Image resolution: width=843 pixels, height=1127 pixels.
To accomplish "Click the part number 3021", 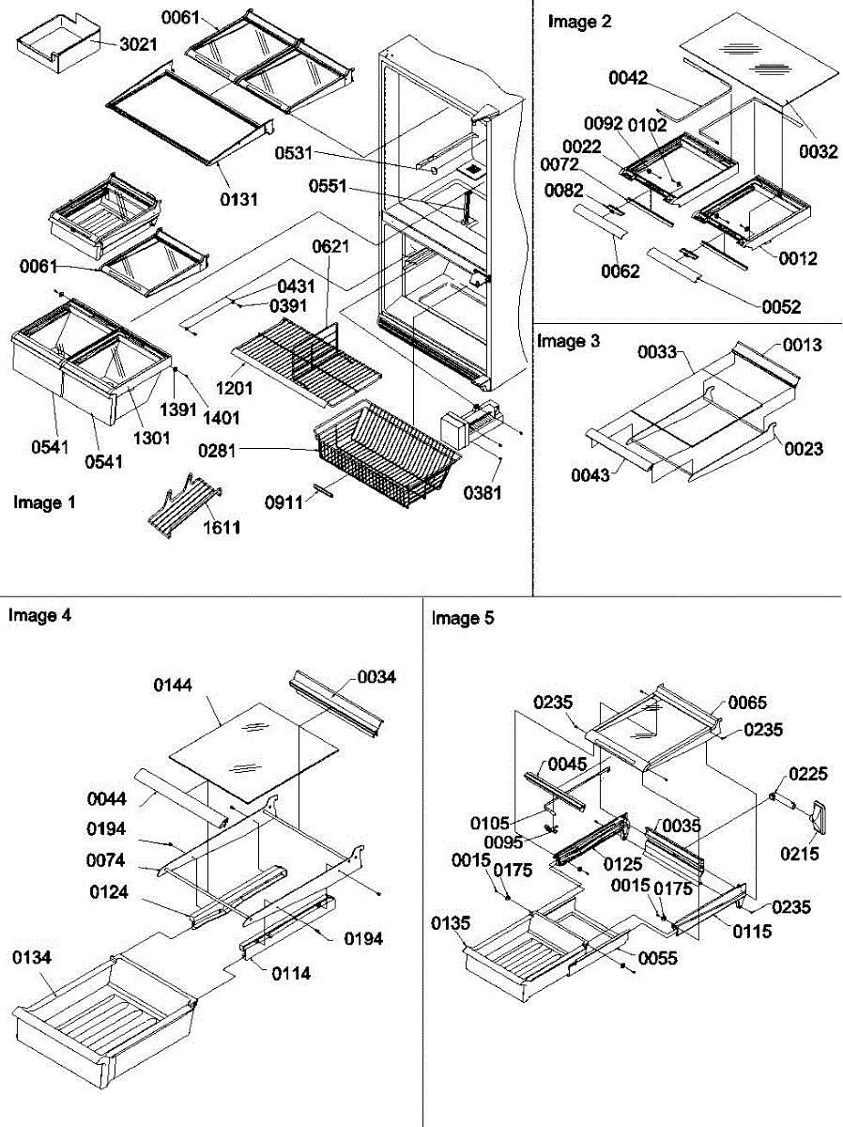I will tap(139, 44).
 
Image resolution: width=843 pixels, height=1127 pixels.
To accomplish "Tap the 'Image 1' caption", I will tap(44, 502).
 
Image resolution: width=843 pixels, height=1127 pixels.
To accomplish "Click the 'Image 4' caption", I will tap(39, 616).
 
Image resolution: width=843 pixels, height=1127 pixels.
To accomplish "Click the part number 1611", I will tap(222, 528).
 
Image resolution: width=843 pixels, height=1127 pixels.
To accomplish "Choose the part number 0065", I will tap(747, 702).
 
